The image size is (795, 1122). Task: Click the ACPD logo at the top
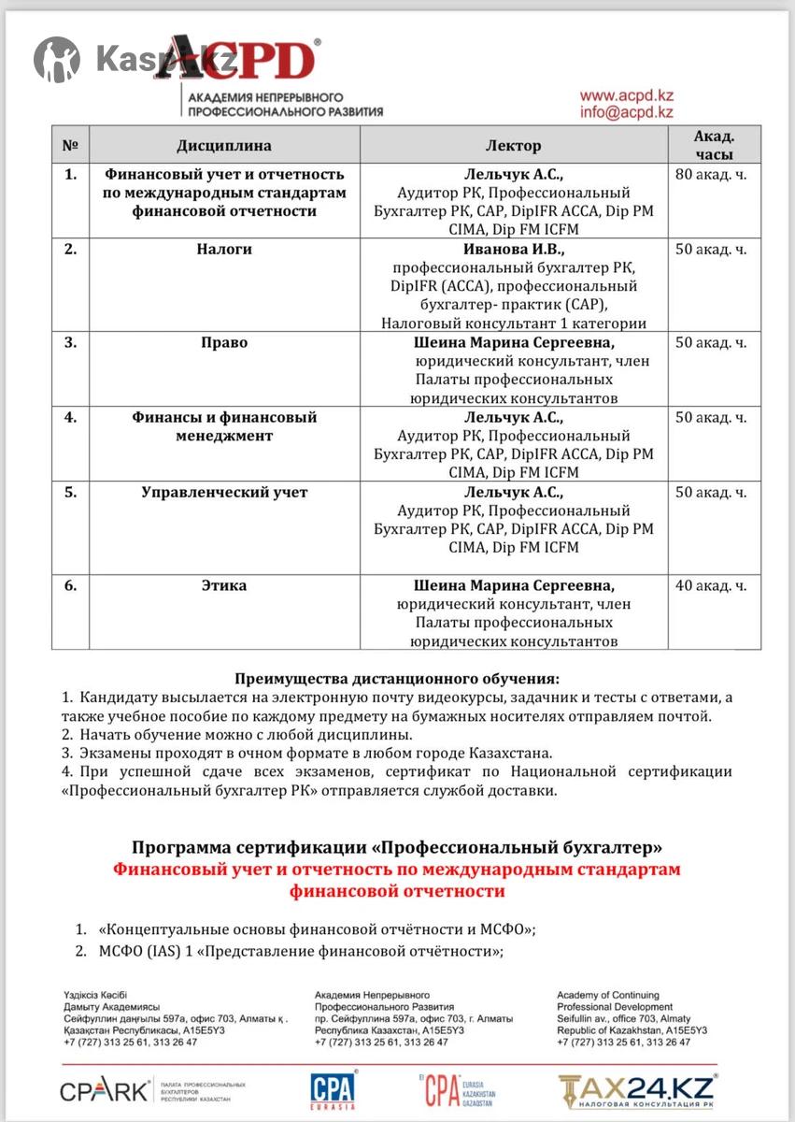(238, 59)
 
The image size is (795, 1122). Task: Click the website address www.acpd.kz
(626, 95)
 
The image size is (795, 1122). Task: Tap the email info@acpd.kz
(626, 112)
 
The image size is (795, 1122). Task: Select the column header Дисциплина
(224, 146)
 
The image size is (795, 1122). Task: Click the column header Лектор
(513, 146)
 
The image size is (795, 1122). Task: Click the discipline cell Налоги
(224, 250)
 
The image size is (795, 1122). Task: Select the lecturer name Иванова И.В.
(514, 250)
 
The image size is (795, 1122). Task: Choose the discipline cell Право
(224, 342)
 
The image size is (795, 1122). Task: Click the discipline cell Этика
(224, 586)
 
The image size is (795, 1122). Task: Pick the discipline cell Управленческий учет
(224, 492)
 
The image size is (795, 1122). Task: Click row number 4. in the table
(70, 417)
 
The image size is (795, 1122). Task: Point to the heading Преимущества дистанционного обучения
(397, 679)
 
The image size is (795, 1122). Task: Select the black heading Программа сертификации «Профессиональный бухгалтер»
(397, 848)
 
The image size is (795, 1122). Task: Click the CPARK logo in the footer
(105, 1090)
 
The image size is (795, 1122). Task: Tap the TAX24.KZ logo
(636, 1090)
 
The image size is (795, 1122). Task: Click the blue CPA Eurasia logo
(333, 1090)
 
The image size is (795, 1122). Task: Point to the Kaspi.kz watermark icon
(57, 59)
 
